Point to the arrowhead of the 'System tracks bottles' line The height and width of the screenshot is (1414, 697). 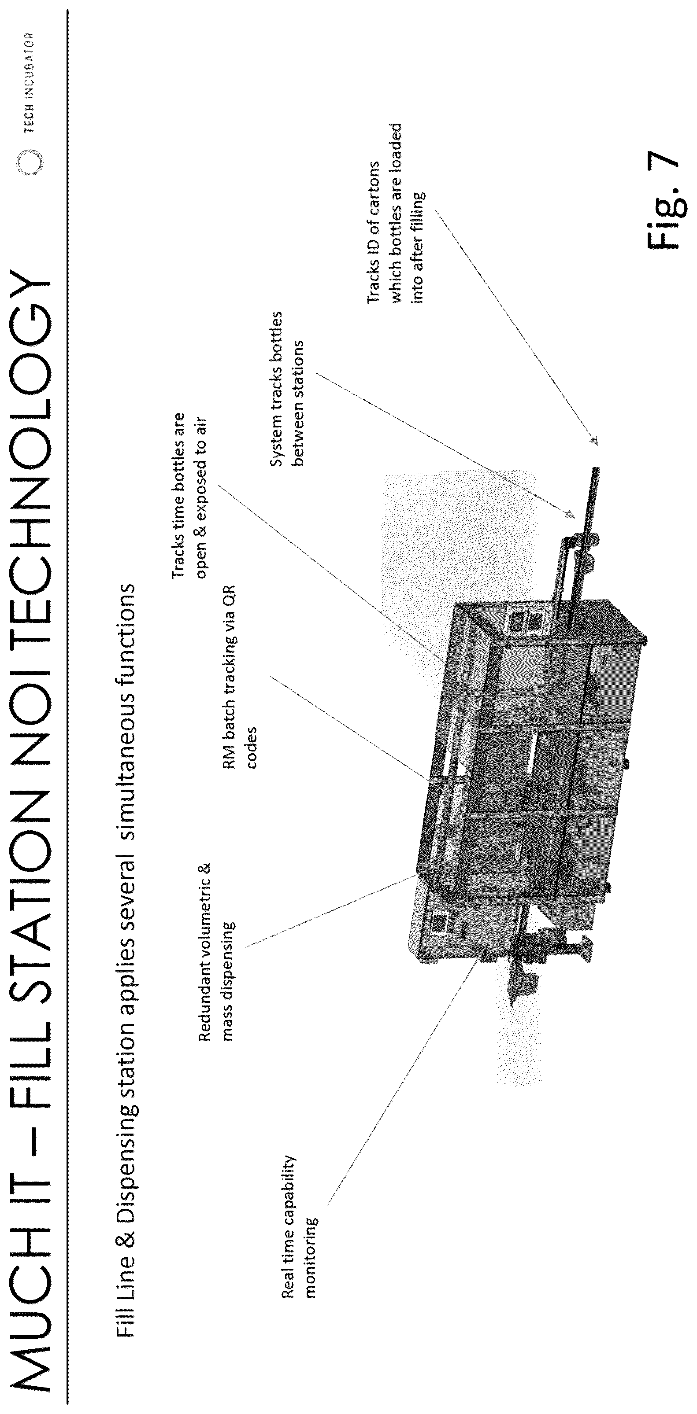coord(570,514)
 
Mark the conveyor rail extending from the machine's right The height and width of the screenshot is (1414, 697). coord(585,546)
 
